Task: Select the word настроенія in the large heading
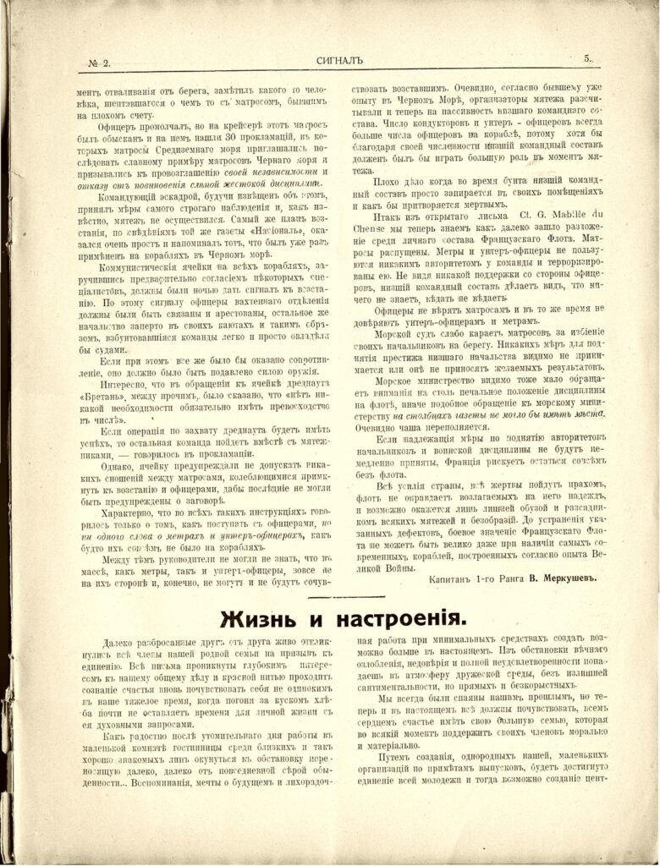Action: point(395,617)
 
